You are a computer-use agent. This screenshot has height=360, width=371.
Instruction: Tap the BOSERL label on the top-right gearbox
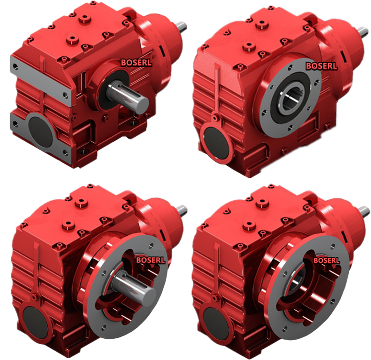coord(321,66)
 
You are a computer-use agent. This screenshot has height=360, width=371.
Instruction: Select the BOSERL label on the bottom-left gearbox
coord(151,260)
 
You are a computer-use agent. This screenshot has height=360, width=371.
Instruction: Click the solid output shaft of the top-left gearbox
coord(127,95)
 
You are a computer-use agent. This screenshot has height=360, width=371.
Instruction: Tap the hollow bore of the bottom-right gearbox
coord(296,282)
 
